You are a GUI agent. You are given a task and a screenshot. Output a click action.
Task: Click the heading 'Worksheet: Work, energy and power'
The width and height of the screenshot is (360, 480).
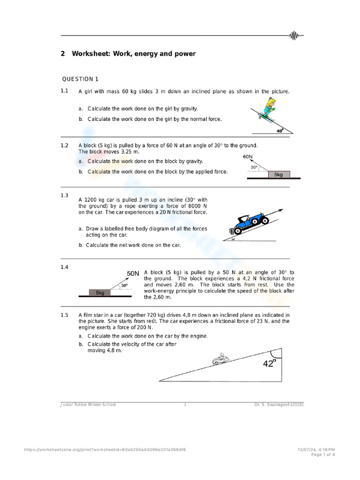[134, 54]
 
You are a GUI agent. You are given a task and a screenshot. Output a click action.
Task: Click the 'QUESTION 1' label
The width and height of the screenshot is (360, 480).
[80, 79]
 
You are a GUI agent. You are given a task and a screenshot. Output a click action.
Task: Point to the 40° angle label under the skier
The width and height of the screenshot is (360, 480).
[280, 131]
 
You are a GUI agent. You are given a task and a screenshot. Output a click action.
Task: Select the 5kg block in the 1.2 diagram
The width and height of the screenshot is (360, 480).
[278, 174]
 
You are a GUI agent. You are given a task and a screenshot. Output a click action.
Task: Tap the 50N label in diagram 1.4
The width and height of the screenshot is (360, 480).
[133, 273]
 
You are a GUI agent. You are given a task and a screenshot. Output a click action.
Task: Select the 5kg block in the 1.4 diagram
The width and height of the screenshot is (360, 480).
[100, 292]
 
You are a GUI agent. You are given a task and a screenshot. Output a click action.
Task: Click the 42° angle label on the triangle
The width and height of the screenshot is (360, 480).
[269, 363]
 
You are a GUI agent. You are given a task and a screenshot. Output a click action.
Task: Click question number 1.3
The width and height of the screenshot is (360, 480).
[64, 195]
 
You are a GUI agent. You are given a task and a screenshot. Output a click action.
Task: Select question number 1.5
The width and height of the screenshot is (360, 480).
[64, 315]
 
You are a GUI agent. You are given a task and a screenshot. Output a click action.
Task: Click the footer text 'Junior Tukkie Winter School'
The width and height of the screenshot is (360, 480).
[88, 405]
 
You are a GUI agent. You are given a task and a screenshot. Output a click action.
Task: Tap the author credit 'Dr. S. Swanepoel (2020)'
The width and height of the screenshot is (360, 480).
[276, 405]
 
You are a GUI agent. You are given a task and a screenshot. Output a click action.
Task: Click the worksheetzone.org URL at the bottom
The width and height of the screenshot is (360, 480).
[105, 450]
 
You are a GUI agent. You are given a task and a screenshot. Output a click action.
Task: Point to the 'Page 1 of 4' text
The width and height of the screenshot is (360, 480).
[322, 454]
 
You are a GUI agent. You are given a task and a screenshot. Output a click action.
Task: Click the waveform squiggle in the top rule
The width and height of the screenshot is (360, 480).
[295, 35]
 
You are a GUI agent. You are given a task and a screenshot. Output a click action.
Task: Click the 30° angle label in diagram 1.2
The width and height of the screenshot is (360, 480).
[254, 167]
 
